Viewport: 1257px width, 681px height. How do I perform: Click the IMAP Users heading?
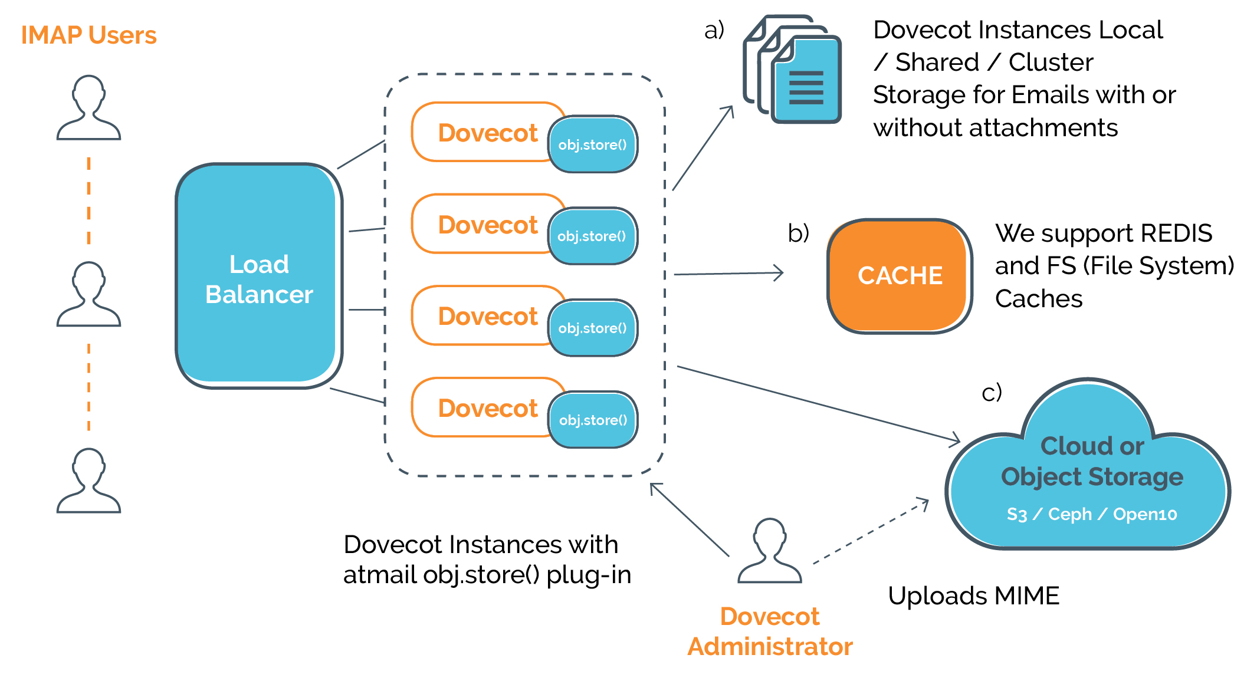pyautogui.click(x=88, y=35)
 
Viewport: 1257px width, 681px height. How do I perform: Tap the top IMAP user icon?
pyautogui.click(x=88, y=107)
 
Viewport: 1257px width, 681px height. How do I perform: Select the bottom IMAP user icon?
pyautogui.click(x=88, y=481)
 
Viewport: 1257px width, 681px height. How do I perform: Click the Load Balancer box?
pyautogui.click(x=258, y=277)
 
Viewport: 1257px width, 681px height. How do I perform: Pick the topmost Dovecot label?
pyautogui.click(x=487, y=133)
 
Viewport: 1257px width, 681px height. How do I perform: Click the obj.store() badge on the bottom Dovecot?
pyautogui.click(x=593, y=420)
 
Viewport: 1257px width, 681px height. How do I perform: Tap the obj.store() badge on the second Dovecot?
pyautogui.click(x=592, y=236)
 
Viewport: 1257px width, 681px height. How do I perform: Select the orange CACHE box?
pyautogui.click(x=899, y=275)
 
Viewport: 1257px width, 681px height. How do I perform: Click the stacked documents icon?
pyautogui.click(x=793, y=71)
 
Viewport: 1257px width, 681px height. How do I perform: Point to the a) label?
pyautogui.click(x=714, y=29)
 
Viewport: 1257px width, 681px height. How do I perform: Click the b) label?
pyautogui.click(x=798, y=233)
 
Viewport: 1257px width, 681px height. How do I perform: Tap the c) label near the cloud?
pyautogui.click(x=992, y=392)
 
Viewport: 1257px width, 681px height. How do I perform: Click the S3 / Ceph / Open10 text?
pyautogui.click(x=1091, y=514)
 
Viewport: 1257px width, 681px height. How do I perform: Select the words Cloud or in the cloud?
pyautogui.click(x=1092, y=446)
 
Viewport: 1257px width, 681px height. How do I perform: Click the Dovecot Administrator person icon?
pyautogui.click(x=770, y=551)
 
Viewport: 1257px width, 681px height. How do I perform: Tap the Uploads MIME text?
pyautogui.click(x=973, y=596)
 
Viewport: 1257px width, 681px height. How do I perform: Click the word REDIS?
pyautogui.click(x=1176, y=233)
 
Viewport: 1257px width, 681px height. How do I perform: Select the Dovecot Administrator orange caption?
pyautogui.click(x=770, y=631)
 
